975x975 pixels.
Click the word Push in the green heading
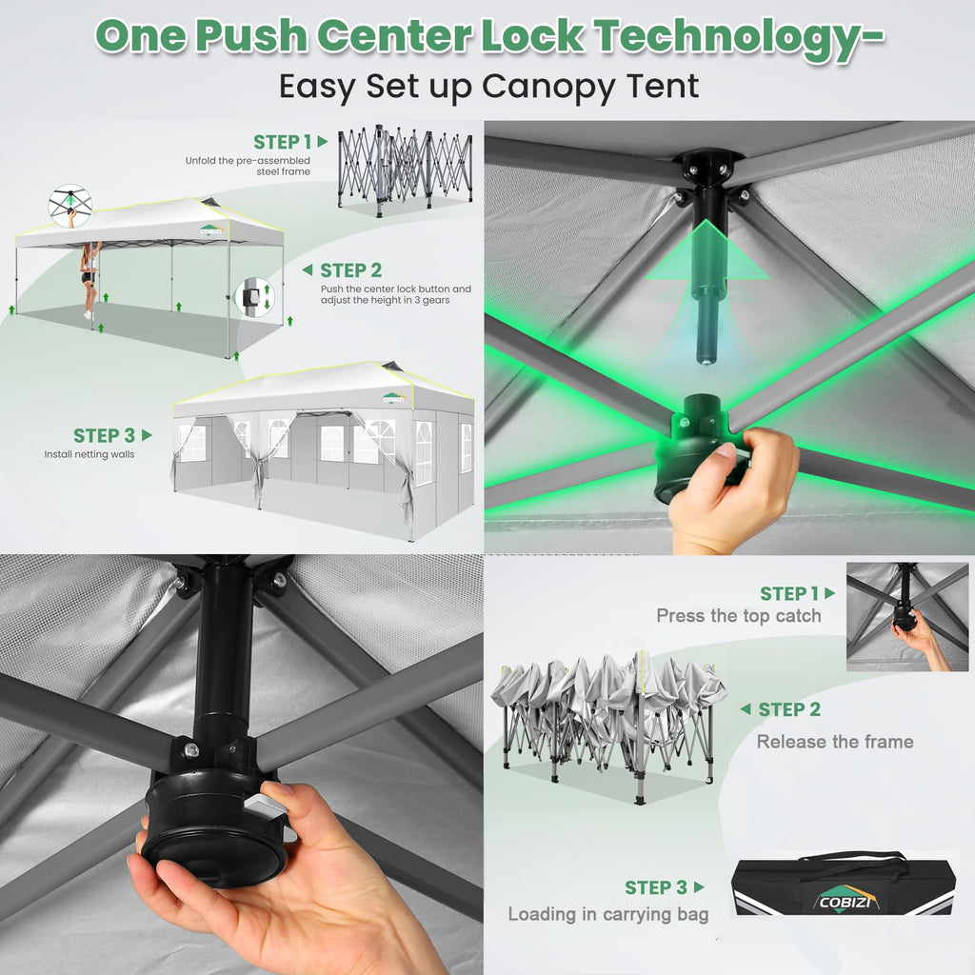pos(251,35)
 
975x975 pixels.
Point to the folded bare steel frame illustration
pos(405,169)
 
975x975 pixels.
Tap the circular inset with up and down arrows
pos(255,297)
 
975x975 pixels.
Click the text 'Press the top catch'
pos(739,616)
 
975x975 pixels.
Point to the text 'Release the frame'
pos(835,741)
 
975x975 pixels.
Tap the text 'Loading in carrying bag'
pos(608,914)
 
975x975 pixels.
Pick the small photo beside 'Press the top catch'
pos(907,616)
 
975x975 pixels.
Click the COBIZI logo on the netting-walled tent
pos(394,397)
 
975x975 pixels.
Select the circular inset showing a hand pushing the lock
pos(70,206)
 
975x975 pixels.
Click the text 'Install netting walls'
pos(89,454)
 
